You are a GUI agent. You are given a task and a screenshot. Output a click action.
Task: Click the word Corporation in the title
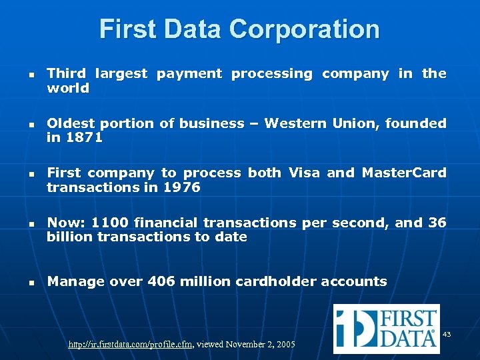coord(304,29)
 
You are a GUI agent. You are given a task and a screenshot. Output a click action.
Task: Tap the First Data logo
coord(386,328)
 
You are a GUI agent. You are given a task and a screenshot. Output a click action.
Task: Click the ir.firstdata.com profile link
coord(131,345)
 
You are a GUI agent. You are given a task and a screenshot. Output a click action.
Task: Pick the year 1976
coord(182,187)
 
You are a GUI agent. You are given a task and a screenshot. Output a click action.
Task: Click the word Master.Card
coord(404,173)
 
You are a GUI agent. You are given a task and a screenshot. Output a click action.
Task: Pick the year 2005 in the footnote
coord(285,345)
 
